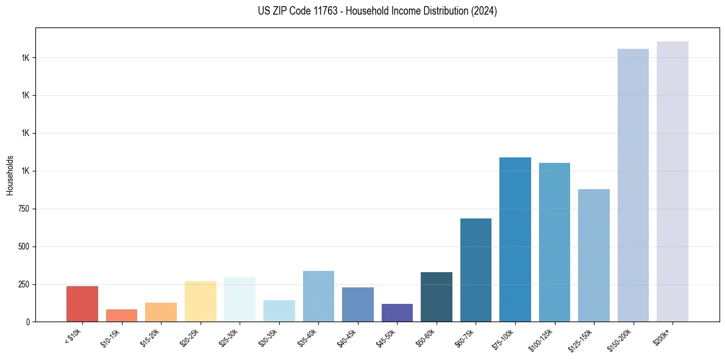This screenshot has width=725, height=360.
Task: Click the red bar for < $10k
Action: pos(82,304)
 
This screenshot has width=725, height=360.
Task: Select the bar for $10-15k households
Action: pos(121,315)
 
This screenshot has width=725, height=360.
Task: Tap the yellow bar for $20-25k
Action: pos(200,301)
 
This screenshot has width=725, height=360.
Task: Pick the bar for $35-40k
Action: pos(318,296)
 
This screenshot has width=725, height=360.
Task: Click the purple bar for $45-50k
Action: pos(397,312)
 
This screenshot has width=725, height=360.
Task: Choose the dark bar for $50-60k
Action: pos(437,297)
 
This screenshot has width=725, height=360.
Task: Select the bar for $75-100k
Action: pos(515,239)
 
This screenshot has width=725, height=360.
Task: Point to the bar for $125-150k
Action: pos(594,255)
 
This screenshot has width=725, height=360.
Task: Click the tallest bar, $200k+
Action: pos(673,181)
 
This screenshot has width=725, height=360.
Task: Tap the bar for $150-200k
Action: pos(633,185)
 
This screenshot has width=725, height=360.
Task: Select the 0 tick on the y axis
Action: pos(28,322)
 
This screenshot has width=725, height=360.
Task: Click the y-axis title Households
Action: pos(10,175)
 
